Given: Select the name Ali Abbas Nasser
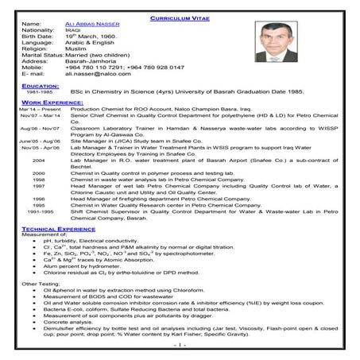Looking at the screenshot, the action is pos(90,25).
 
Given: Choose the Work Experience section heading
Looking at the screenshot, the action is pos(48,104).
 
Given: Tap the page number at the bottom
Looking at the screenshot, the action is pos(180,346).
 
